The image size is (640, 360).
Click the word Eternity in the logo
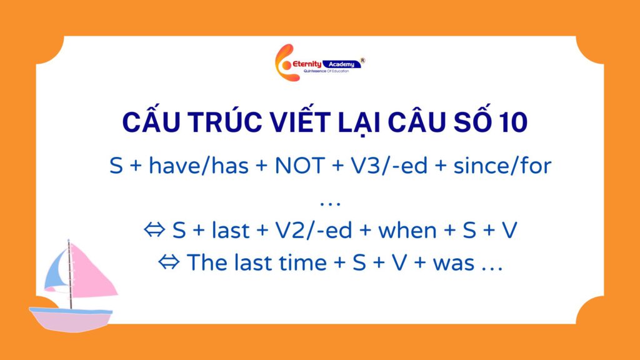tap(307, 64)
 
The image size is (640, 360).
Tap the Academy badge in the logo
tap(342, 64)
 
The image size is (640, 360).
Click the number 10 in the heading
tap(513, 122)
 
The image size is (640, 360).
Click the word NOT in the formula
tap(299, 166)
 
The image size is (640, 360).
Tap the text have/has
tap(199, 166)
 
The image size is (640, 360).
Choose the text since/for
tap(502, 166)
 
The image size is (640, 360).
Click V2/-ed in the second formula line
tap(314, 231)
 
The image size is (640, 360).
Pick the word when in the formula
tap(407, 231)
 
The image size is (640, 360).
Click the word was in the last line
tap(454, 263)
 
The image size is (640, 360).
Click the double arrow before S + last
tap(155, 230)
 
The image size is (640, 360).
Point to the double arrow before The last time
tap(169, 262)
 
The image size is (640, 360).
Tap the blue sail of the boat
tap(56, 271)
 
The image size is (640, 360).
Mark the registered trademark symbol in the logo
tap(362, 61)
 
